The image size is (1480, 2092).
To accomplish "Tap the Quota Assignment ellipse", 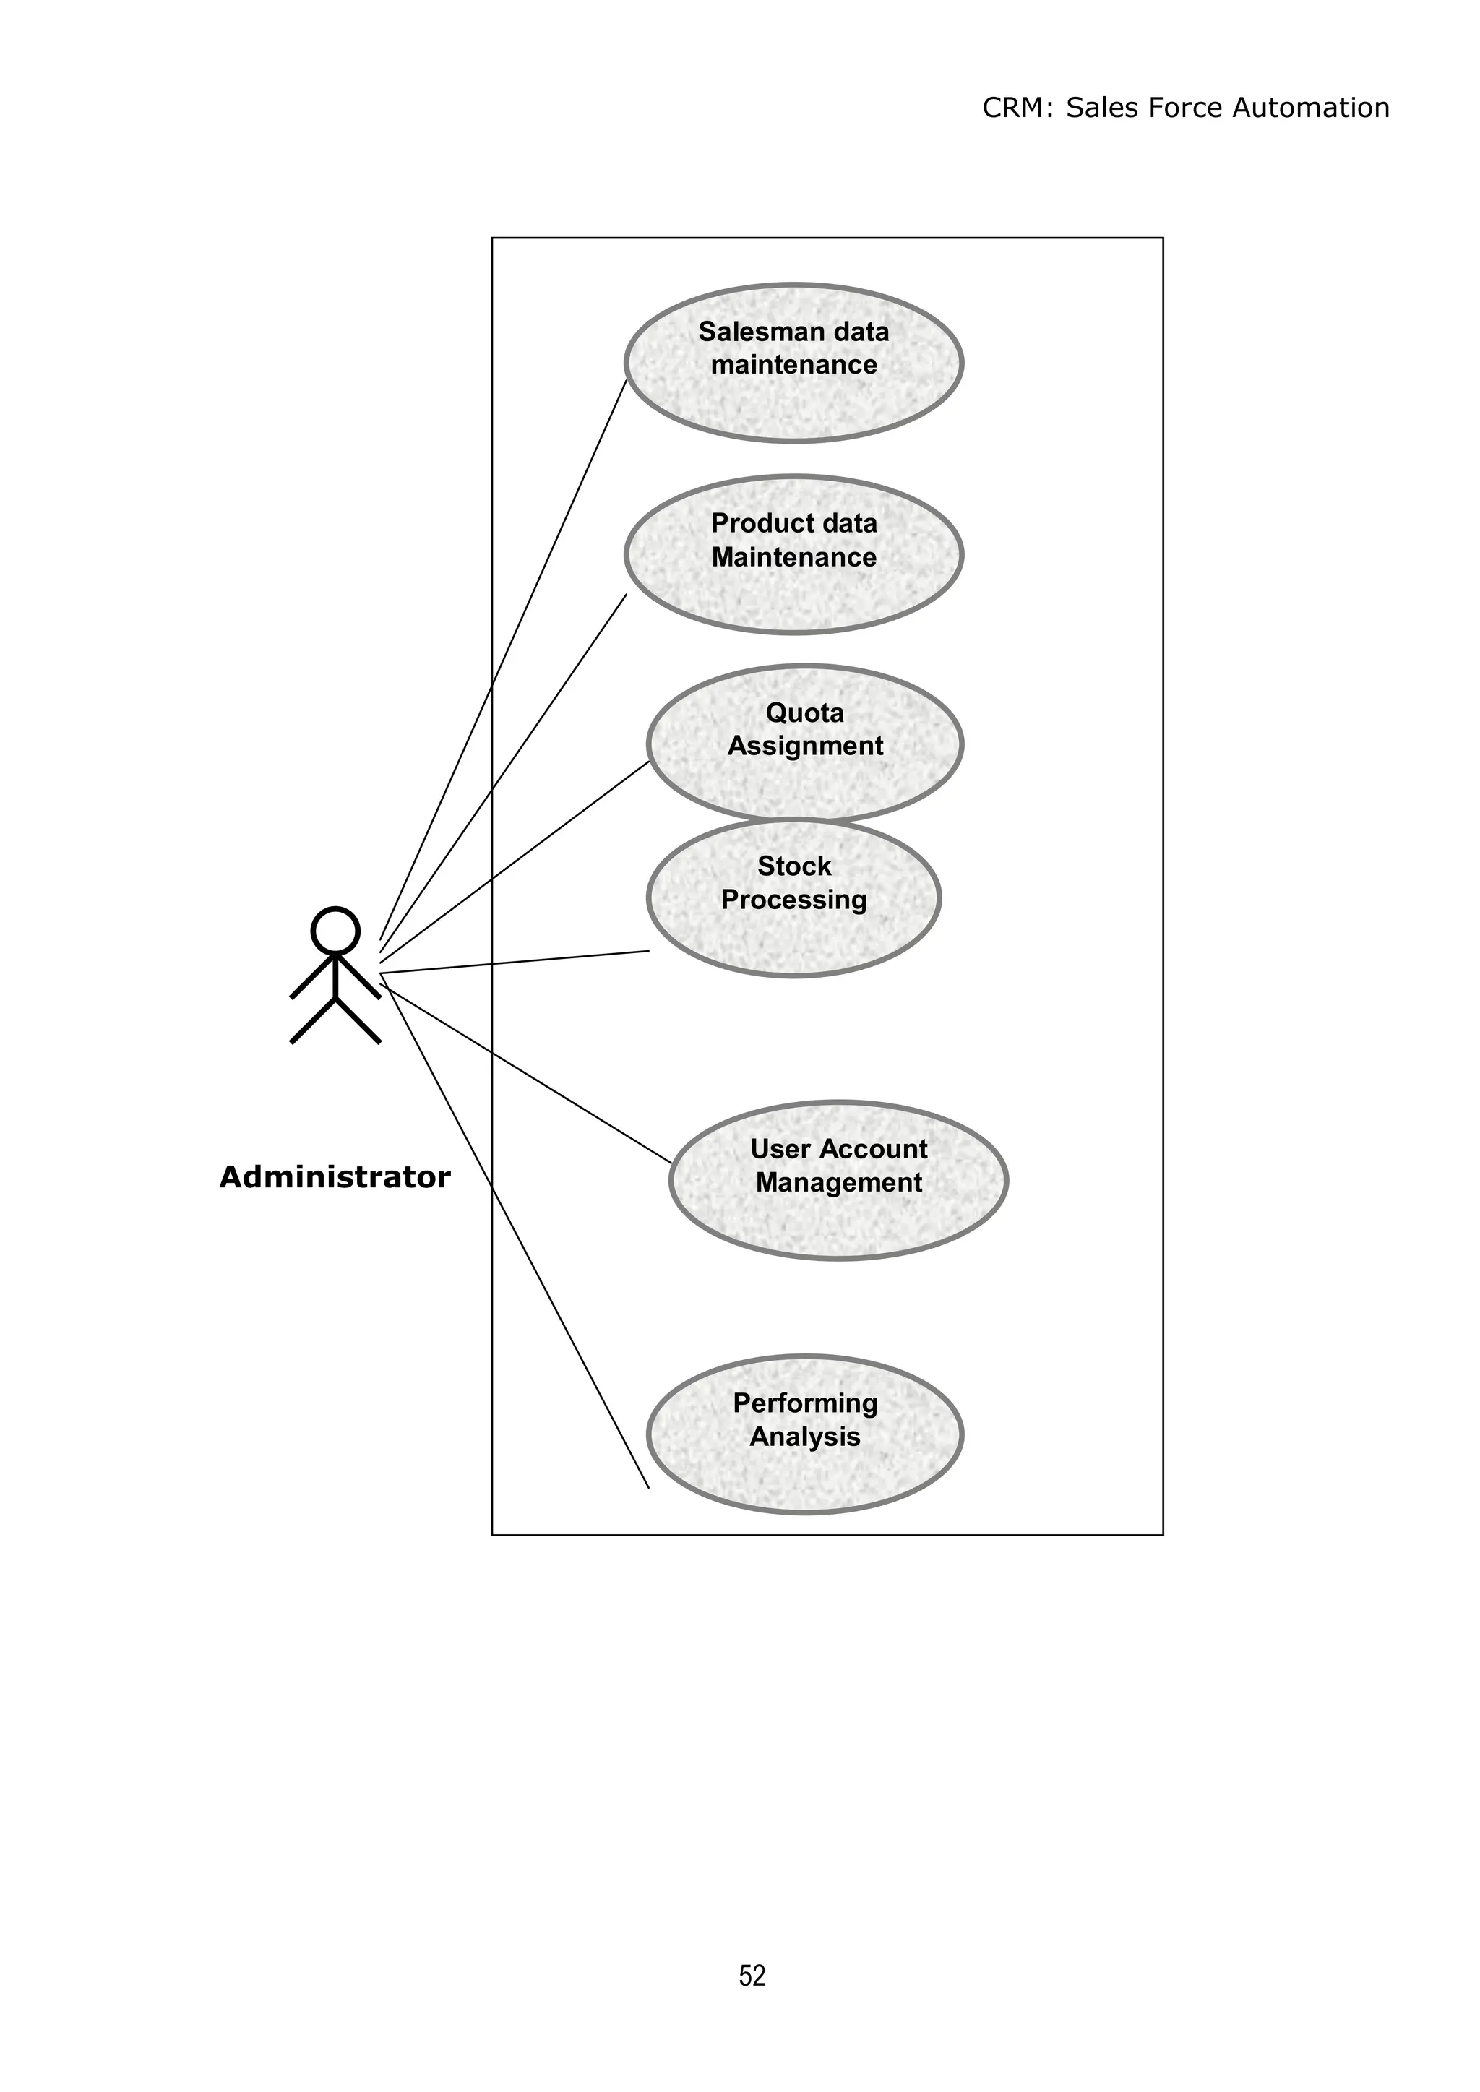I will coord(805,783).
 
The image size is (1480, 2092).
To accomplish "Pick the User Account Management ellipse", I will coord(838,1221).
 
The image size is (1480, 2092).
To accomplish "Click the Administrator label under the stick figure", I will coord(335,1177).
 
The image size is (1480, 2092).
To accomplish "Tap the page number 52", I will coord(752,1976).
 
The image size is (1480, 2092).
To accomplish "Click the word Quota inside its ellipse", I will coord(805,713).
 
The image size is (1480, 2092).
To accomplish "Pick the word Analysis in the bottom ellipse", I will coord(805,1437).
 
